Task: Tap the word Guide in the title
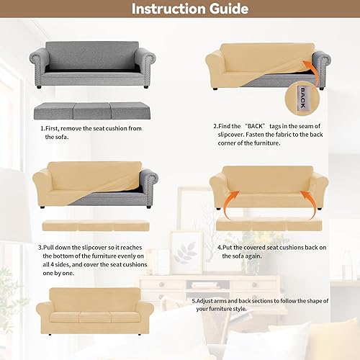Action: point(225,9)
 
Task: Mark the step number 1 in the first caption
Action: point(42,129)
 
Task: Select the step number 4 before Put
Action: point(220,246)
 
